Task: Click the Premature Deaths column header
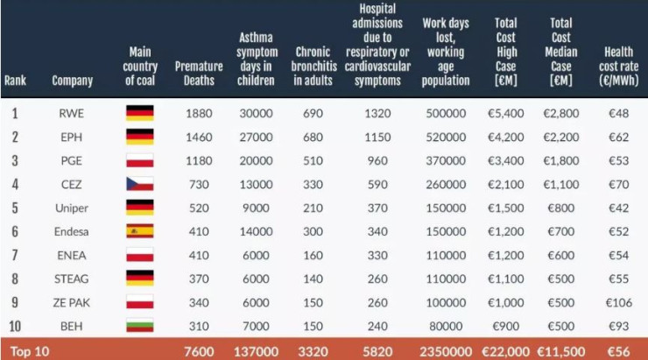[200, 74]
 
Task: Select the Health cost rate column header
[618, 67]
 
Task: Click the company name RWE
[73, 114]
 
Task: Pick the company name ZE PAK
[73, 302]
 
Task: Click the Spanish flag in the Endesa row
[140, 231]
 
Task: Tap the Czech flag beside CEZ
[140, 184]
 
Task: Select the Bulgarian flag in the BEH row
[140, 326]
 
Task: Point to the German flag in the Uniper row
[140, 208]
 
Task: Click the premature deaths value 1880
[200, 114]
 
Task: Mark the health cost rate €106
[618, 302]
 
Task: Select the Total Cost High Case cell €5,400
[507, 114]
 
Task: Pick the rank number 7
[15, 255]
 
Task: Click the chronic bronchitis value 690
[313, 114]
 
